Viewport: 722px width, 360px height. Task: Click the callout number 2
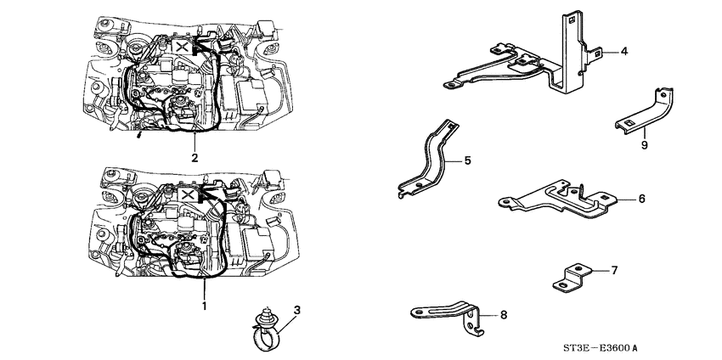[x=195, y=157]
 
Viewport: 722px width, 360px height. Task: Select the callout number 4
[x=623, y=52]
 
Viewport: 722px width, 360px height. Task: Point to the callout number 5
[x=466, y=159]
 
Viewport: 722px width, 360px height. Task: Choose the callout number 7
[x=613, y=271]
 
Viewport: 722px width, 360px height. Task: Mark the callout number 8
[x=503, y=315]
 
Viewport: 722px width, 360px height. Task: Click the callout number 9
[x=644, y=145]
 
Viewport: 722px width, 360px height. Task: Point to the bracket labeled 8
[x=450, y=315]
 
